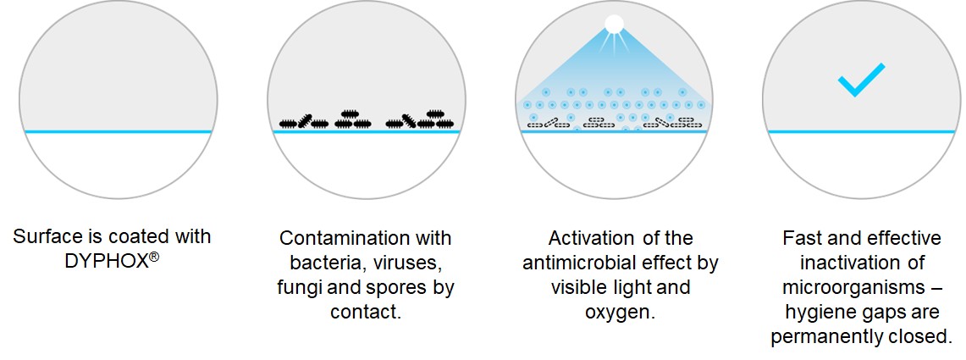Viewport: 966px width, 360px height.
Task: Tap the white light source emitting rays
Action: coord(614,24)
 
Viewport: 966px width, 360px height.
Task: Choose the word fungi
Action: coord(300,287)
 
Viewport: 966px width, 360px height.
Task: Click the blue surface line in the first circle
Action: coord(119,131)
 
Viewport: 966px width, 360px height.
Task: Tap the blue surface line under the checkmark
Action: coord(861,131)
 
